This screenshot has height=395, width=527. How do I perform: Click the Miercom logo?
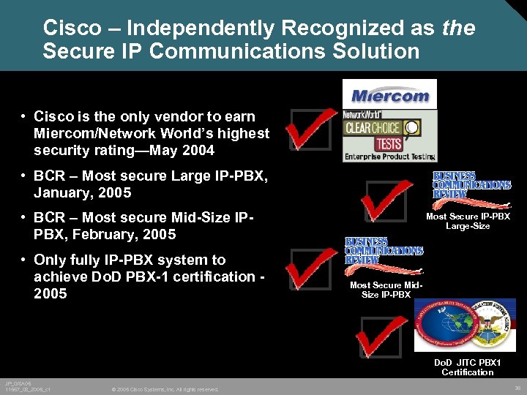click(x=389, y=94)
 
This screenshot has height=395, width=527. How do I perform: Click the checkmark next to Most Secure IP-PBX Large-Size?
click(x=388, y=199)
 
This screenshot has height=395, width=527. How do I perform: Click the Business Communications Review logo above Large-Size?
click(x=471, y=185)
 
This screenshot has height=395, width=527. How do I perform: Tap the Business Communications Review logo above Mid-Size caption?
click(x=384, y=250)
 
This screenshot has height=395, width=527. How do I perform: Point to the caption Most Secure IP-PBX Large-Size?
click(x=468, y=221)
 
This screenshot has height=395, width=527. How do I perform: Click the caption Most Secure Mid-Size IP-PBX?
click(x=385, y=290)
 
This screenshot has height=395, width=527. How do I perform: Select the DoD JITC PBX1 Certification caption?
click(x=468, y=367)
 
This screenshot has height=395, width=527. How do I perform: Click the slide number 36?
click(x=517, y=388)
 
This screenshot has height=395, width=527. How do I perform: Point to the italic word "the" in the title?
click(x=459, y=29)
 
